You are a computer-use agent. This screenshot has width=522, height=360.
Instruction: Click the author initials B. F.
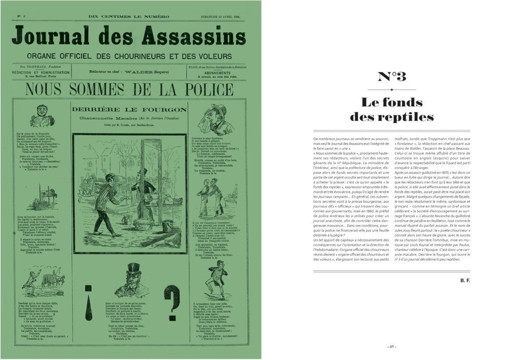[x=465, y=281]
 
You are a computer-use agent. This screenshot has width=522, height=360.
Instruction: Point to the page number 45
[x=391, y=346]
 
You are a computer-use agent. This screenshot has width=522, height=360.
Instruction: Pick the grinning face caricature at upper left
[x=42, y=116]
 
